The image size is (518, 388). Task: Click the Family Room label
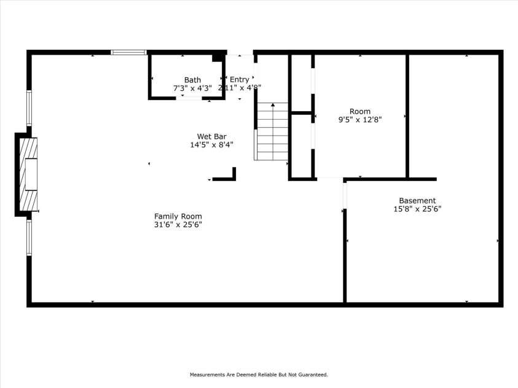(x=178, y=216)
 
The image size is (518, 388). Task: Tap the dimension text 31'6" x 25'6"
(x=178, y=225)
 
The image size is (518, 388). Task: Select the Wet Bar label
(x=211, y=136)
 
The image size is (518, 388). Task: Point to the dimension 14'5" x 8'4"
(x=211, y=145)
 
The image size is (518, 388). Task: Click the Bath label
(x=192, y=80)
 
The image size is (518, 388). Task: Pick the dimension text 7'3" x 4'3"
(x=192, y=88)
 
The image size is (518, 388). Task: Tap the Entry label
(x=239, y=80)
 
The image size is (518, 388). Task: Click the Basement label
(x=417, y=201)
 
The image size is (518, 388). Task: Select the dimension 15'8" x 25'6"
(x=417, y=209)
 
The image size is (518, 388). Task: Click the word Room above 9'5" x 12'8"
(x=360, y=111)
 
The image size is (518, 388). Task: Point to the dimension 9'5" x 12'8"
(x=360, y=120)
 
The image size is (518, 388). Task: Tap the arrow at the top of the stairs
(x=273, y=106)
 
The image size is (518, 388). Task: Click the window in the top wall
(x=129, y=53)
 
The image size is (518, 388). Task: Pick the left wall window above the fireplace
(x=29, y=108)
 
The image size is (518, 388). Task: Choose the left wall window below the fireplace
(x=29, y=238)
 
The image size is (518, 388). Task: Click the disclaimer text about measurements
(x=259, y=374)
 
